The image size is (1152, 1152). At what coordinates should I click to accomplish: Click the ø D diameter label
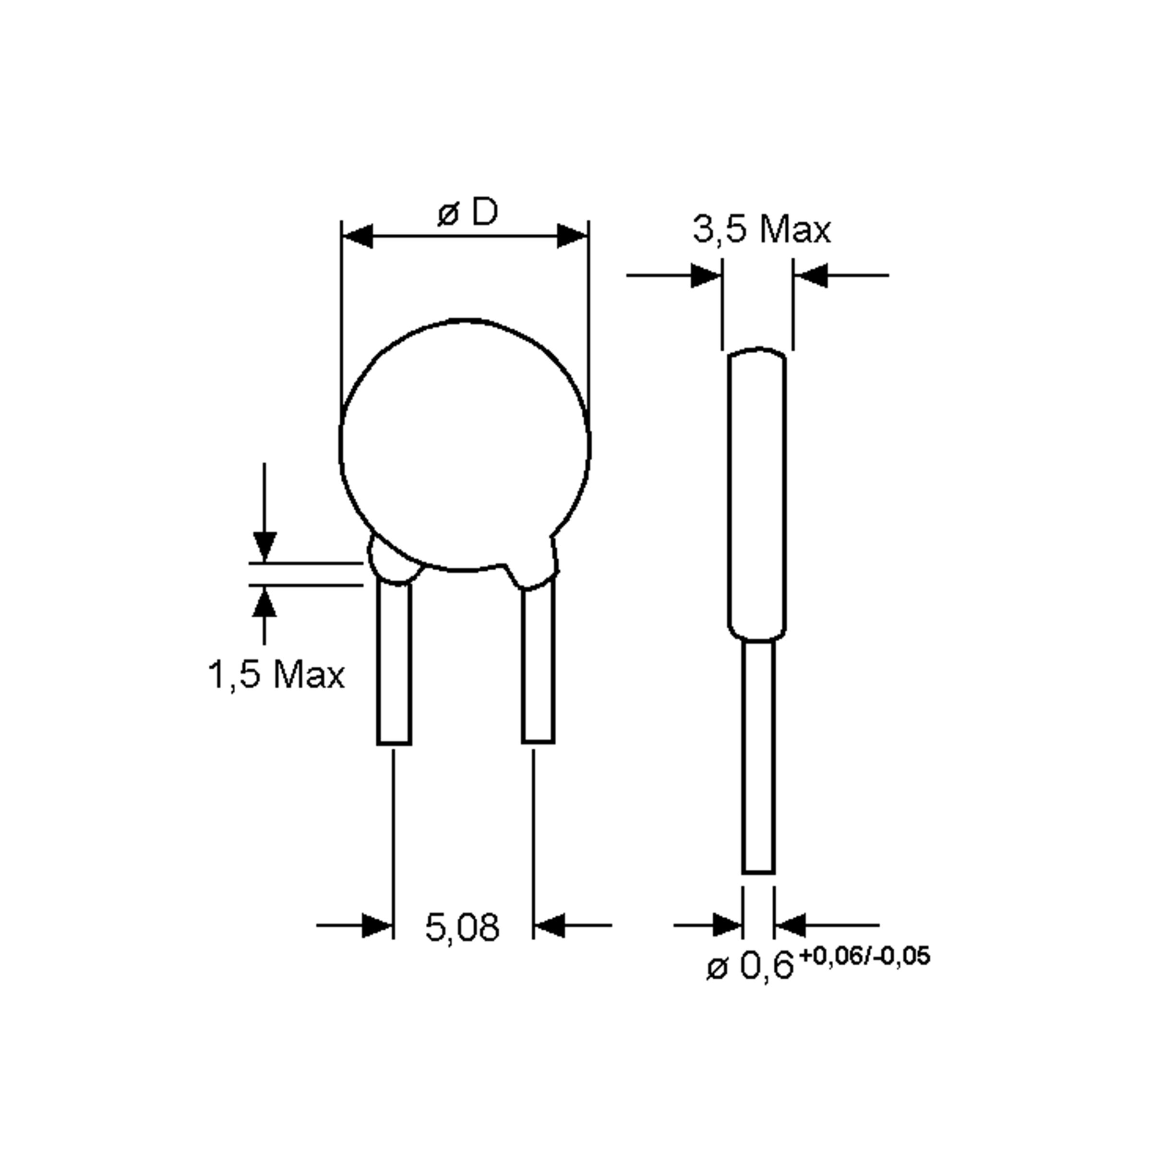[468, 212]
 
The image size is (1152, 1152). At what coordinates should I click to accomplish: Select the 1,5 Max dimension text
[276, 675]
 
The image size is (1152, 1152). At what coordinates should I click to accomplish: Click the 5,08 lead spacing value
[462, 928]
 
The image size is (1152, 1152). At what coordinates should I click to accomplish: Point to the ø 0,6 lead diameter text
[750, 966]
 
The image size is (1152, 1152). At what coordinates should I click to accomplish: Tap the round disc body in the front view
[465, 444]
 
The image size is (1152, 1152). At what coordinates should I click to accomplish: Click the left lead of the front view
[394, 665]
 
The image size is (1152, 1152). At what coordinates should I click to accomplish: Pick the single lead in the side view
[758, 757]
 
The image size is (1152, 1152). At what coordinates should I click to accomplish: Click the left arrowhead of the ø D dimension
[358, 236]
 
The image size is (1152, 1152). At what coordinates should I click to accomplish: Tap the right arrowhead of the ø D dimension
[573, 236]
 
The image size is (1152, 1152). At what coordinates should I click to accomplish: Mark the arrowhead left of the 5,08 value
[377, 925]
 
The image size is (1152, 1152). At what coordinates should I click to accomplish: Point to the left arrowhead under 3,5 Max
[706, 276]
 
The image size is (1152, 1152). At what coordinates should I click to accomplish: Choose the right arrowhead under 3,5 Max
[811, 276]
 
